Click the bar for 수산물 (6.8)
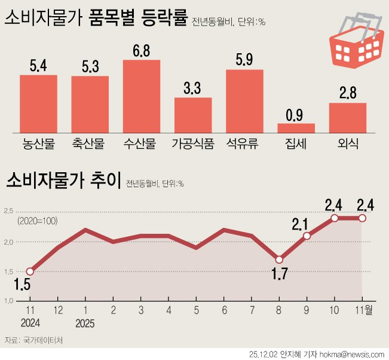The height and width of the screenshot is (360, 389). [x=141, y=96]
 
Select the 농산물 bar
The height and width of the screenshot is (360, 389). [x=38, y=103]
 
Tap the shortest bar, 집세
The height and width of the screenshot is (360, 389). [x=296, y=127]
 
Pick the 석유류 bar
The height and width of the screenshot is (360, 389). [x=244, y=100]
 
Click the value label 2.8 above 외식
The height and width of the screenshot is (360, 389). [x=348, y=93]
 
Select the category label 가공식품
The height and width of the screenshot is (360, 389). [x=192, y=144]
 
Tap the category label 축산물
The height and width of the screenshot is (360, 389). [x=89, y=144]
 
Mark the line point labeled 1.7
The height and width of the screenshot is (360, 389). [x=279, y=260]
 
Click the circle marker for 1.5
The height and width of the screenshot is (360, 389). [x=30, y=271]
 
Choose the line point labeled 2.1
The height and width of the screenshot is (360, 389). [x=307, y=236]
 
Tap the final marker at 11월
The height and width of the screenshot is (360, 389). [x=362, y=218]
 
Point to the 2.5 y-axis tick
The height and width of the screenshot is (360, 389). [x=9, y=210]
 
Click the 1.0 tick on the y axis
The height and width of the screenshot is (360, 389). [x=9, y=300]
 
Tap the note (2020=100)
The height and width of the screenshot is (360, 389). [x=38, y=221]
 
